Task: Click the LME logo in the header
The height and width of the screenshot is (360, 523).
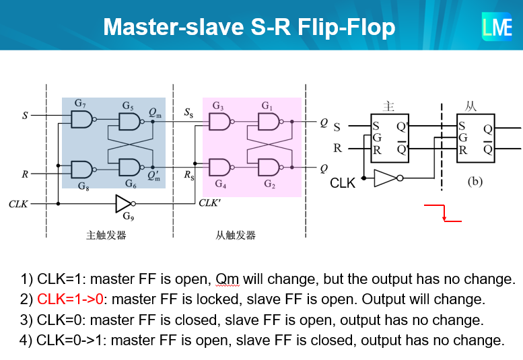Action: tap(497, 27)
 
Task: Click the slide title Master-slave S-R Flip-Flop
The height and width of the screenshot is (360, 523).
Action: tap(248, 27)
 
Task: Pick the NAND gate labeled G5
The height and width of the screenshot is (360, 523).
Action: tap(129, 121)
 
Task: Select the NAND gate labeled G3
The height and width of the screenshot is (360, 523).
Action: tap(219, 122)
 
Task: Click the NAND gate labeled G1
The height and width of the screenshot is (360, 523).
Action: tap(269, 122)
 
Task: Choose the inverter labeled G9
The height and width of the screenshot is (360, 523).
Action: tap(125, 203)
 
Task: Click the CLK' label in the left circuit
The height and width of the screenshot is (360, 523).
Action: tap(210, 203)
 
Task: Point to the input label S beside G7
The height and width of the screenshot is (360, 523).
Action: tap(25, 116)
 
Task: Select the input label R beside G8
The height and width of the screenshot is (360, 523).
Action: tap(25, 174)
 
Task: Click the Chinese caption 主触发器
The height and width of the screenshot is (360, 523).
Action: tap(106, 236)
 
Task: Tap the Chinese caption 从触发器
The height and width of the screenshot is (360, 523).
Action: tap(236, 236)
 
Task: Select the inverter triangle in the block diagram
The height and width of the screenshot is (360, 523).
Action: tap(386, 178)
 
